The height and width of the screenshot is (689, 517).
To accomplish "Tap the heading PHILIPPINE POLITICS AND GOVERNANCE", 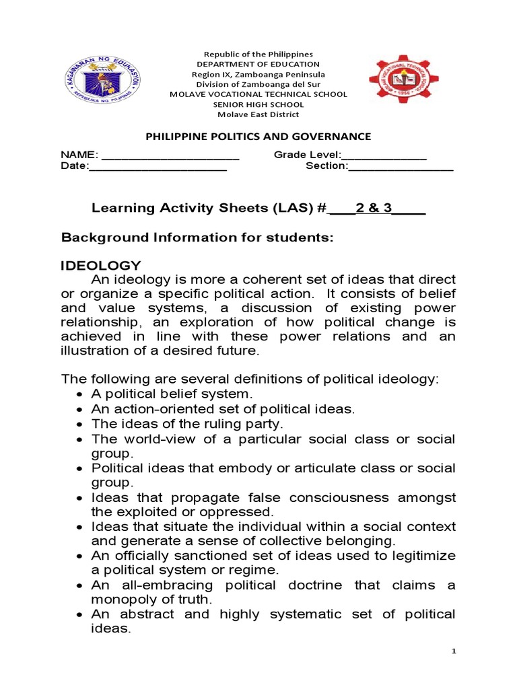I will tap(258, 137).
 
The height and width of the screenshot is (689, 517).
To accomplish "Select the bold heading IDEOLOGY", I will tap(101, 265).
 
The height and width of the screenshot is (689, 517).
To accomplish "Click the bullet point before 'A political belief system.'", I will tap(81, 394).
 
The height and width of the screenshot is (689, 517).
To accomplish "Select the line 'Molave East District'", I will tap(258, 114).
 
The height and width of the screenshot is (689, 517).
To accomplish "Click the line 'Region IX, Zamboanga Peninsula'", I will tap(258, 74).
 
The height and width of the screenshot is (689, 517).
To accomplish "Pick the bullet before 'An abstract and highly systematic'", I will tap(81, 614).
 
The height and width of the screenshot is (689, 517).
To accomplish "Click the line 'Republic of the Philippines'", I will tap(258, 54).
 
